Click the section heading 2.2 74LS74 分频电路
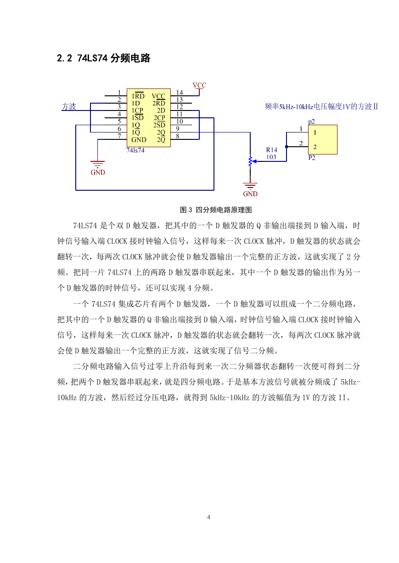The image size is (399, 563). [103, 58]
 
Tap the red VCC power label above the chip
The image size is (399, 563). [199, 85]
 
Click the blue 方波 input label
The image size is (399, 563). [69, 106]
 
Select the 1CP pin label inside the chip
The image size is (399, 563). [137, 110]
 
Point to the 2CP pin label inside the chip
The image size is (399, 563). [159, 118]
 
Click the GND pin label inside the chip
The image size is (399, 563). [139, 140]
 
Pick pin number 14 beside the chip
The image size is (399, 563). [180, 93]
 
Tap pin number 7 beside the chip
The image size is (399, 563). [119, 136]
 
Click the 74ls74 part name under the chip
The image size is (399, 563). [135, 150]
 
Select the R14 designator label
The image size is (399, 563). [272, 150]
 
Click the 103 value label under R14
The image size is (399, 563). [271, 157]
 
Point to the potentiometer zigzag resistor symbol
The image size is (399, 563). [250, 161]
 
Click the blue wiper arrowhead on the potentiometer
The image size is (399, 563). [254, 161]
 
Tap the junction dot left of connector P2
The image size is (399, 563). [287, 147]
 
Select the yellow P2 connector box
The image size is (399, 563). [323, 139]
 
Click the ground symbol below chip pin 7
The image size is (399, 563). [97, 164]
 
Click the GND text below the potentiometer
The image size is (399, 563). [250, 194]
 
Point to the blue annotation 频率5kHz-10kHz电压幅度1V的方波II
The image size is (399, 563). [321, 106]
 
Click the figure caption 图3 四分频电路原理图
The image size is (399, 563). [216, 210]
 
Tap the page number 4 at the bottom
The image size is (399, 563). [209, 517]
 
